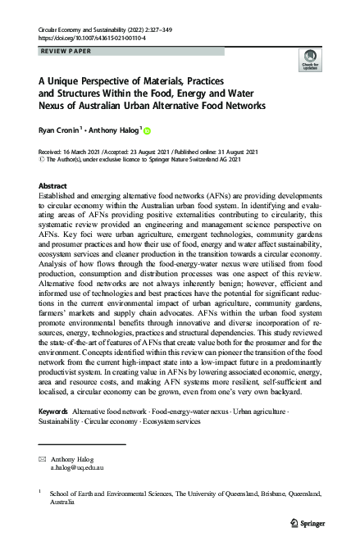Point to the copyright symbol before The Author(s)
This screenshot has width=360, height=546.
coord(43,161)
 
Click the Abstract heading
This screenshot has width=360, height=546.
coord(53,186)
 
